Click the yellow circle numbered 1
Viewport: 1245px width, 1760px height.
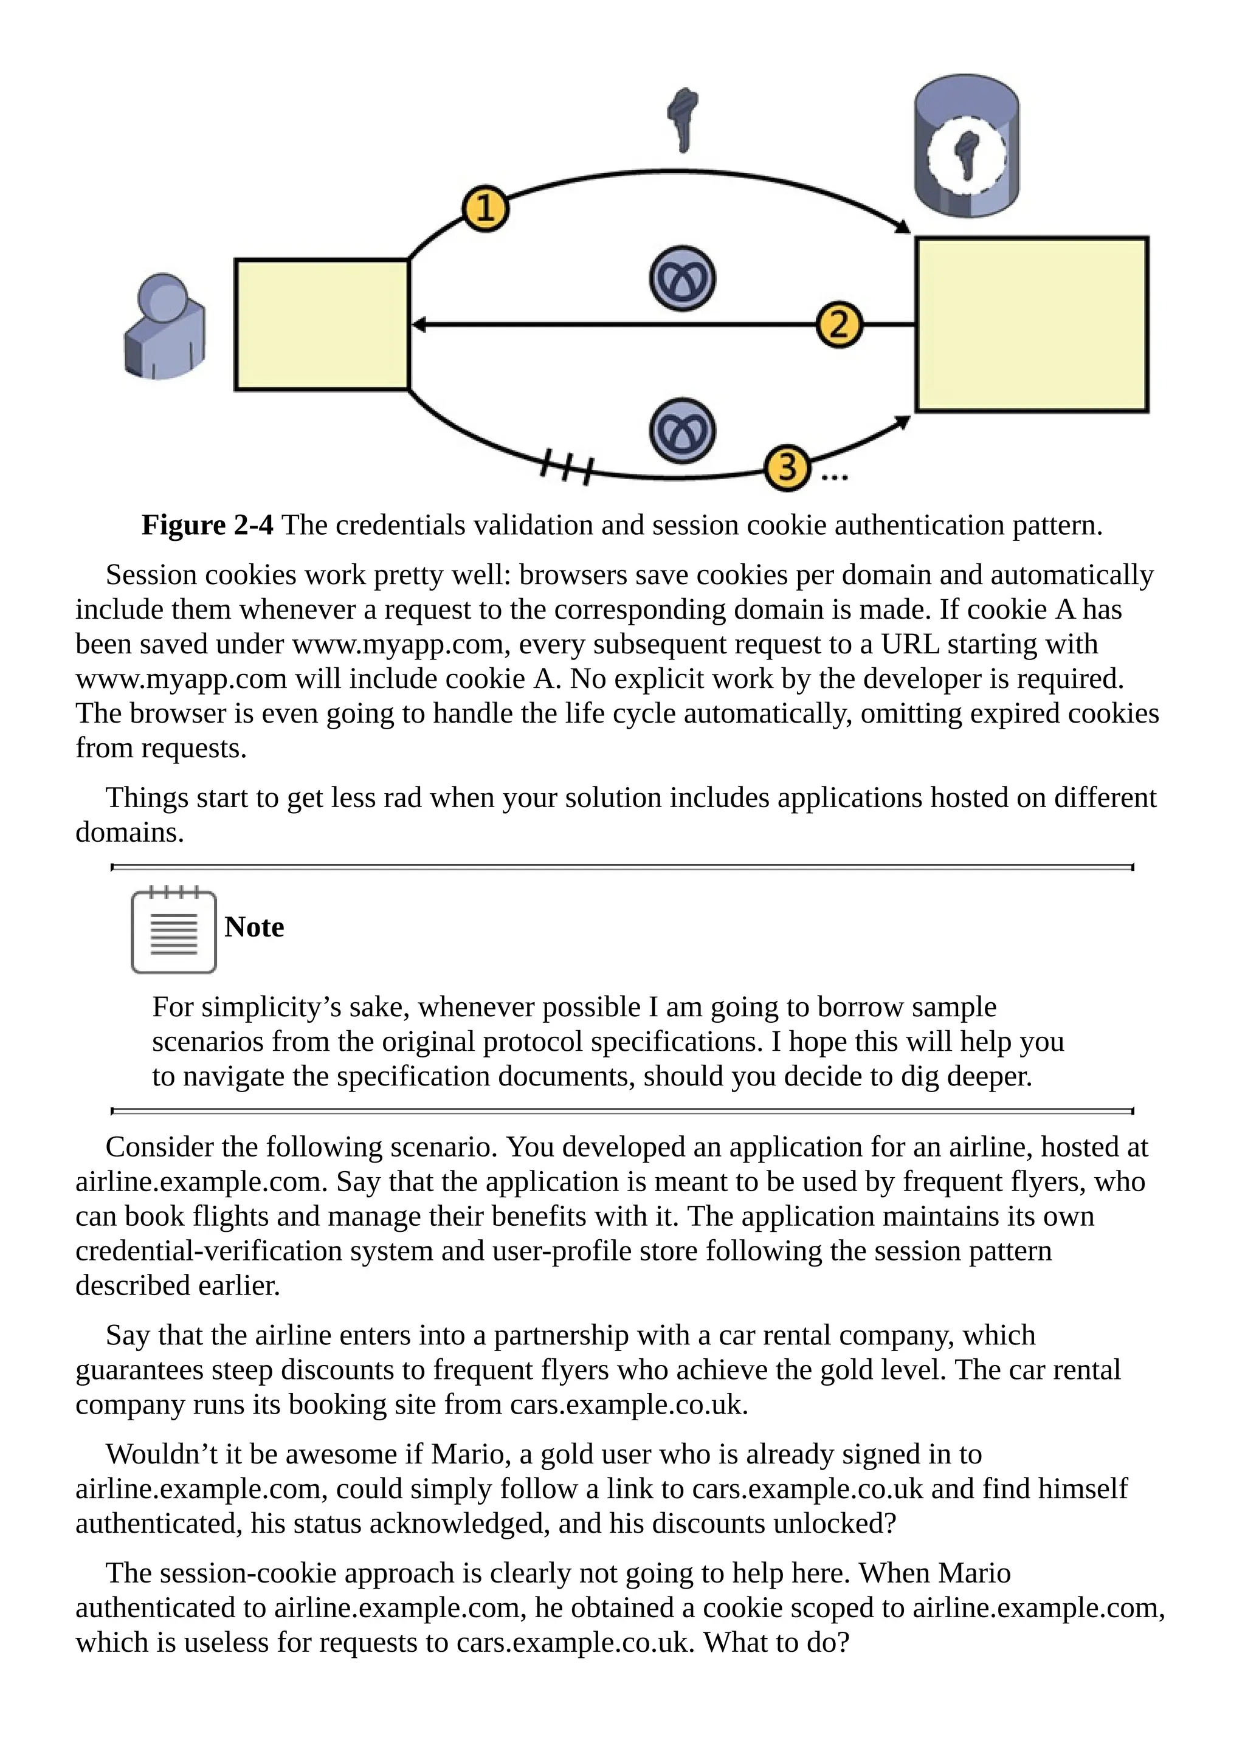click(x=485, y=208)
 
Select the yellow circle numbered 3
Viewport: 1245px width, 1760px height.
click(x=787, y=467)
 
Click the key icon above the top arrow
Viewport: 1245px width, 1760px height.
click(x=681, y=120)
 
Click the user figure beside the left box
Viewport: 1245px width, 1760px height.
click(x=164, y=328)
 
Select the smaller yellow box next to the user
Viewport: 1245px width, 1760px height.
click(x=322, y=325)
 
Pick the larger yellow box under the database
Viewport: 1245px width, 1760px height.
click(x=1031, y=325)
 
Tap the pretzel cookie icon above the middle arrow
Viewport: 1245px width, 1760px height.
click(x=682, y=278)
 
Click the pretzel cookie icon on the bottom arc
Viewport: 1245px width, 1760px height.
click(x=682, y=430)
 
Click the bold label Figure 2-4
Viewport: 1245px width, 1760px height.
click(x=207, y=525)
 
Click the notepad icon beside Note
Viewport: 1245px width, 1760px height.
click(x=173, y=932)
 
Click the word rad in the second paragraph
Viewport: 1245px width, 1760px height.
click(x=402, y=798)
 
